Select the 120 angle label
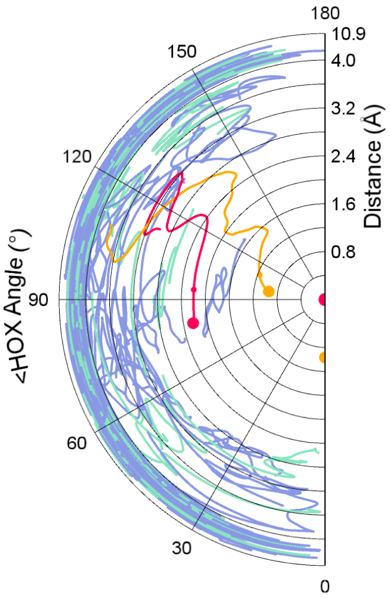click(x=78, y=157)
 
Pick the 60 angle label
click(x=77, y=443)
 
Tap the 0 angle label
click(x=325, y=586)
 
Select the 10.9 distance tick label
click(x=349, y=35)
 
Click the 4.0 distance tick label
click(x=345, y=60)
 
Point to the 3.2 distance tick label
click(x=345, y=108)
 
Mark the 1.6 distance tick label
click(x=345, y=204)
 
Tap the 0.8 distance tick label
click(x=345, y=252)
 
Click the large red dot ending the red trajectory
click(x=193, y=323)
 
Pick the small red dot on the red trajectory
click(x=194, y=289)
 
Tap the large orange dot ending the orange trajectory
click(x=268, y=291)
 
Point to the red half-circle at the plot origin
click(x=322, y=300)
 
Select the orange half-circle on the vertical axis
click(x=322, y=357)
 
